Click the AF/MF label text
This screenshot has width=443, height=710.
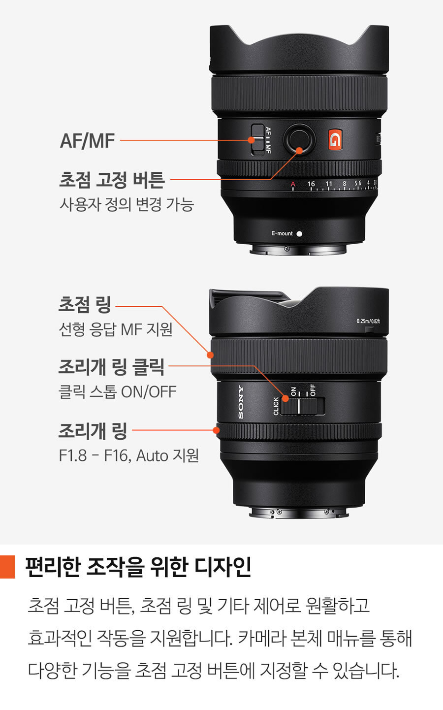coord(87,141)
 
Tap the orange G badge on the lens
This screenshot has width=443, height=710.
coord(335,139)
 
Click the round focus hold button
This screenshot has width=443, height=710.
coord(299,139)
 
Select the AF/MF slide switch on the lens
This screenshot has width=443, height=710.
coord(257,139)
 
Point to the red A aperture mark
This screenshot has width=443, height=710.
coord(293,184)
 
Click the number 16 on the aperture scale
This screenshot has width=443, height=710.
coord(311,184)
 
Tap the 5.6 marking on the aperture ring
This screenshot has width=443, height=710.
coord(358,183)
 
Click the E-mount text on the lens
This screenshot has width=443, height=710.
coord(282,233)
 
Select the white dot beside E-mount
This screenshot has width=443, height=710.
coord(299,233)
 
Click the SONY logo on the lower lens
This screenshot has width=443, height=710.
coord(241,402)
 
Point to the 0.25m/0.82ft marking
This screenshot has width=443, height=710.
coord(368,321)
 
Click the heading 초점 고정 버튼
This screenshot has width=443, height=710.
coord(112,180)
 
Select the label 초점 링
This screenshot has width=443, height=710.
coord(85,305)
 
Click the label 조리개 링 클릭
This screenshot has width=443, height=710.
coord(112,367)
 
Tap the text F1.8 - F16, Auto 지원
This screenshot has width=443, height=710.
coord(129,455)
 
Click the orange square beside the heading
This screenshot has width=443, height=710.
coord(7,567)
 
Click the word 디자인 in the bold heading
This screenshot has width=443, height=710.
coord(222,567)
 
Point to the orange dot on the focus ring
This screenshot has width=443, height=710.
coord(210,355)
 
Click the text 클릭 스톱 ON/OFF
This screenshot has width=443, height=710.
coord(118,392)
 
